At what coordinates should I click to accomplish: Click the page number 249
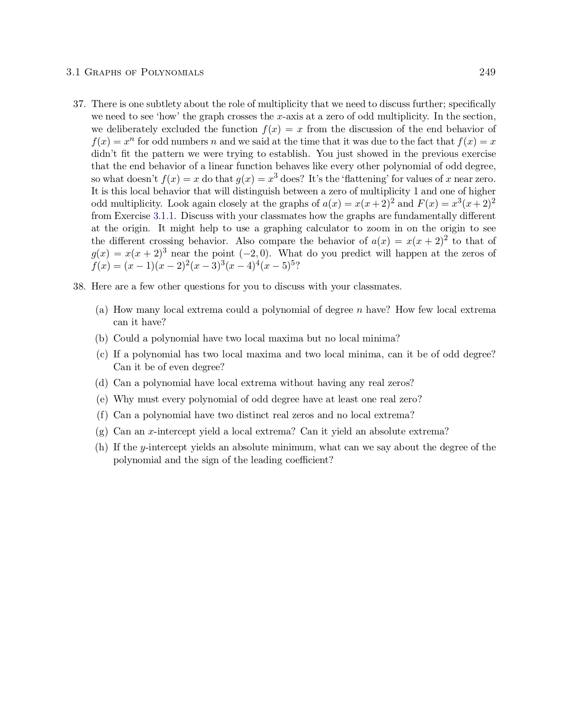[x=487, y=72]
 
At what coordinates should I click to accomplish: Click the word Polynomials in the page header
[x=172, y=72]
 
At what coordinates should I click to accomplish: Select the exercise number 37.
[x=79, y=104]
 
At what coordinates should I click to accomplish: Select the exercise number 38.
[x=79, y=287]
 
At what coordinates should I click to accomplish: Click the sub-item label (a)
[x=102, y=310]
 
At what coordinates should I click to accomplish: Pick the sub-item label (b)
[x=102, y=338]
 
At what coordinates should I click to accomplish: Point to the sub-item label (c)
[x=102, y=354]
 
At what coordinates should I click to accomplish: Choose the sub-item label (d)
[x=102, y=383]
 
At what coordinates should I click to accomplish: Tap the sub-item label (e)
[x=102, y=399]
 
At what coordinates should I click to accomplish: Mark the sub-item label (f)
[x=102, y=415]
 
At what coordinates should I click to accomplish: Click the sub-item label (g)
[x=102, y=431]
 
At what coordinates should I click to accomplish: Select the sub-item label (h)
[x=102, y=447]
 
